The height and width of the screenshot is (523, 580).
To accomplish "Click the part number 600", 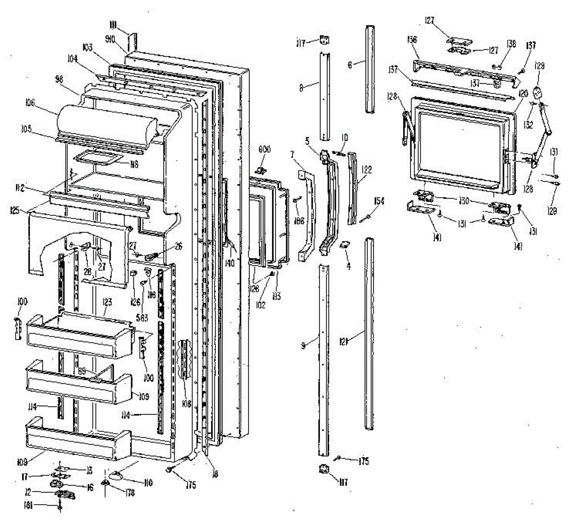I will pyautogui.click(x=264, y=150).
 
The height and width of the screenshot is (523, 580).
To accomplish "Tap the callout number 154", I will pyautogui.click(x=379, y=201).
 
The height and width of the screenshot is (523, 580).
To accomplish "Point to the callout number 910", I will pyautogui.click(x=110, y=40).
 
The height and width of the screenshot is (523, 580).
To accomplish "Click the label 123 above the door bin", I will pyautogui.click(x=107, y=303).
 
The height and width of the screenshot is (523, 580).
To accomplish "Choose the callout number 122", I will pyautogui.click(x=367, y=170).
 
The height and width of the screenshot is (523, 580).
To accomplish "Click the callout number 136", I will pyautogui.click(x=412, y=40).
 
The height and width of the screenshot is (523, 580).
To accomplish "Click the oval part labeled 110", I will pyautogui.click(x=117, y=475).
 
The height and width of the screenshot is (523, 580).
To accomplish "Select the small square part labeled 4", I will pyautogui.click(x=345, y=246).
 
